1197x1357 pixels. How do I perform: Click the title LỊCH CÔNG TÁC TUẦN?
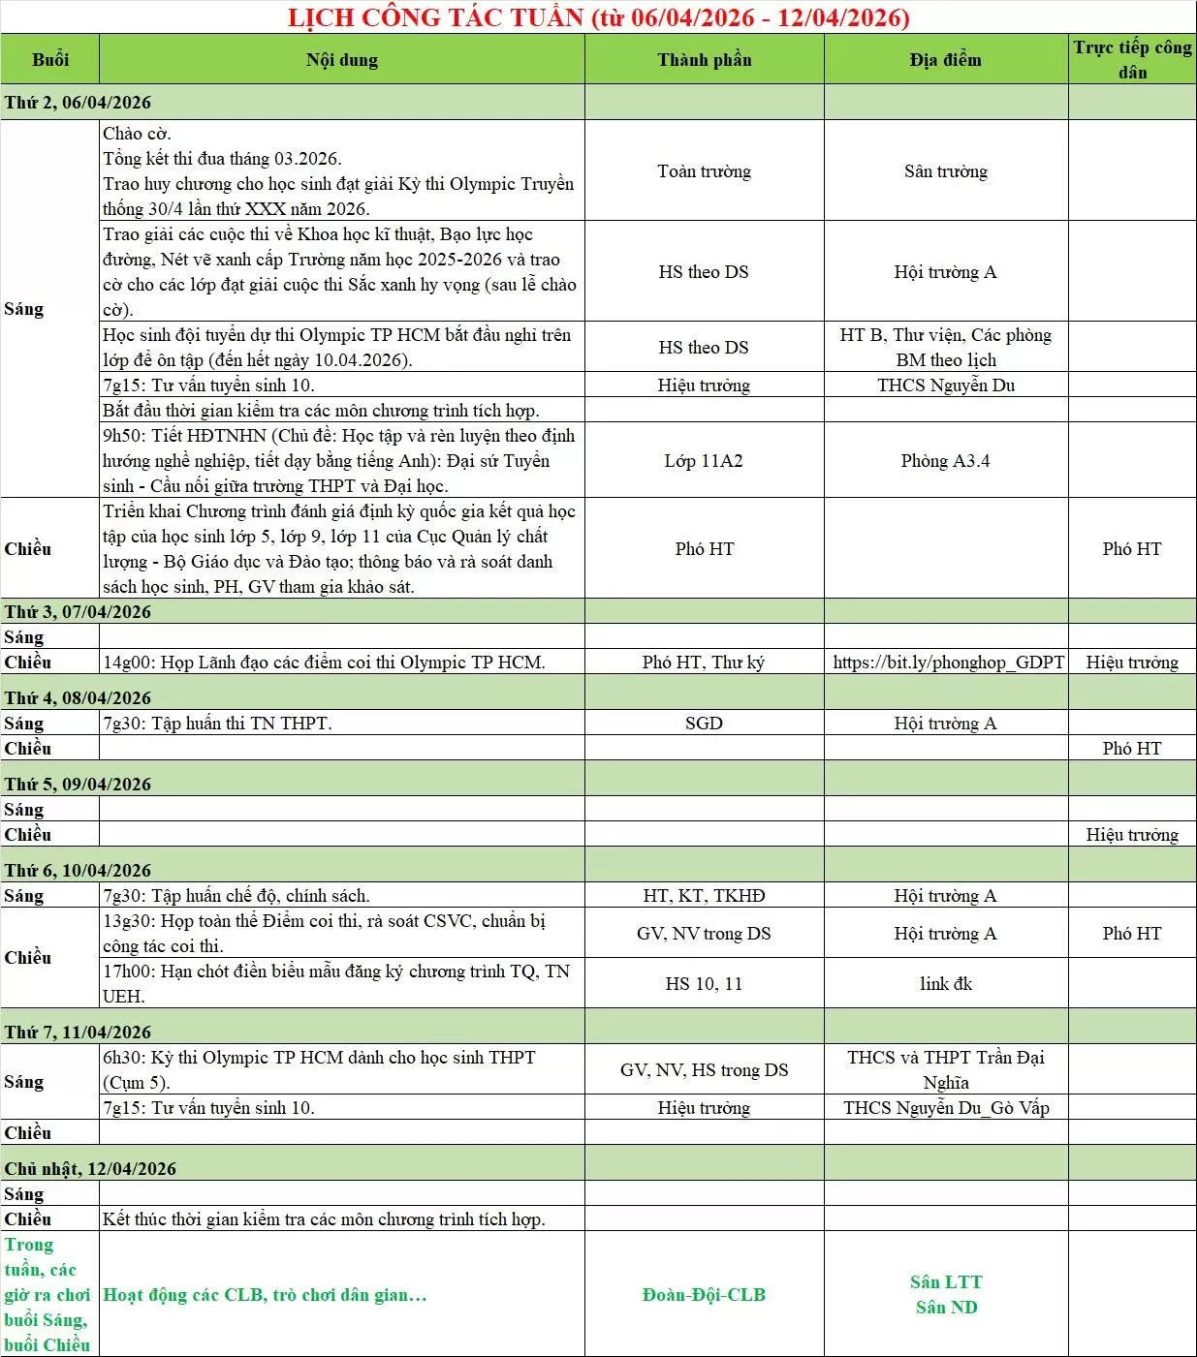(x=599, y=17)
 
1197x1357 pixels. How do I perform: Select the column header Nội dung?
(x=341, y=60)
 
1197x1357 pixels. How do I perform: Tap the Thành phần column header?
(x=704, y=60)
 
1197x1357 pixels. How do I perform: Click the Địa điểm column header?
(x=945, y=60)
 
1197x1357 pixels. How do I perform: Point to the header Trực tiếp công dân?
(x=1132, y=59)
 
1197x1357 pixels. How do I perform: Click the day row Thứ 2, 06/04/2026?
(x=79, y=103)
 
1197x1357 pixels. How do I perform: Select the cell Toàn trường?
(x=704, y=171)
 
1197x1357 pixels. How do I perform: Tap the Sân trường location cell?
(x=945, y=171)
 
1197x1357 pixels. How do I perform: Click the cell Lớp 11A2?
(x=704, y=461)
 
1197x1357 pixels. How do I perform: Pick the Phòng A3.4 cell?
(x=945, y=461)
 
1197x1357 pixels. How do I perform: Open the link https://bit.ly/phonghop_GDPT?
(x=948, y=663)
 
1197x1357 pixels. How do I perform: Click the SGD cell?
(x=704, y=724)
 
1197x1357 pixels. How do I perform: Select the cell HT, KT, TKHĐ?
(x=704, y=896)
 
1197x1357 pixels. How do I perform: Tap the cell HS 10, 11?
(x=704, y=984)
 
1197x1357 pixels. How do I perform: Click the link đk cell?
(x=945, y=984)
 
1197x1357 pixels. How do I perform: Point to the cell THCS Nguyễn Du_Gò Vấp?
(x=946, y=1108)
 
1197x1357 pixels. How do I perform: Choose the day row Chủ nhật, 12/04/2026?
(x=91, y=1169)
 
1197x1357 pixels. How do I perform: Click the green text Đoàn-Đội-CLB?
(x=704, y=1295)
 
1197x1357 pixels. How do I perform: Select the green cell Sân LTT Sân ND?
(x=945, y=1295)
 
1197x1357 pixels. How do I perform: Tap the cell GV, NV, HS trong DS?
(x=704, y=1070)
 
